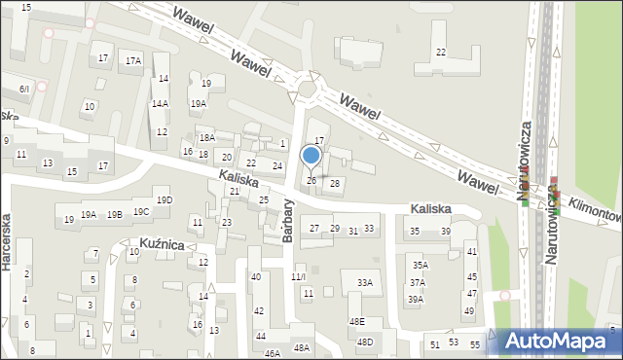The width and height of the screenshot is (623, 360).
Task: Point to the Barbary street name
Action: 288,222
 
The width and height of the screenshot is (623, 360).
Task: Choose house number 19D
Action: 165,200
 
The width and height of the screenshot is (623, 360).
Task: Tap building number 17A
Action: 133,60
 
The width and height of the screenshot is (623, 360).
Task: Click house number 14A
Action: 160,103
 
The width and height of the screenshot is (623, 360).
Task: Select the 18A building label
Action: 206,138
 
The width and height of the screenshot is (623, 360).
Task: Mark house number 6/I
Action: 24,89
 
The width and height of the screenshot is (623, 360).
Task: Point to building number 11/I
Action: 299,277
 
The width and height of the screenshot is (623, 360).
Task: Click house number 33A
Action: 364,283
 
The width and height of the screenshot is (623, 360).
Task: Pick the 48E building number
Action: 356,322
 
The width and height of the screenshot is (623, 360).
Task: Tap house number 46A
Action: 272,353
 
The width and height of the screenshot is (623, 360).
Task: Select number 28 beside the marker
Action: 335,183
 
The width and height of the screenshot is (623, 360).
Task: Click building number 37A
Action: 417,282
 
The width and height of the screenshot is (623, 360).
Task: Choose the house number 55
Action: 475,344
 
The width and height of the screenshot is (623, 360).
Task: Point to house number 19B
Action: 115,214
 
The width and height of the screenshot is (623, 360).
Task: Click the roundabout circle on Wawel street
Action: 310,90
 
